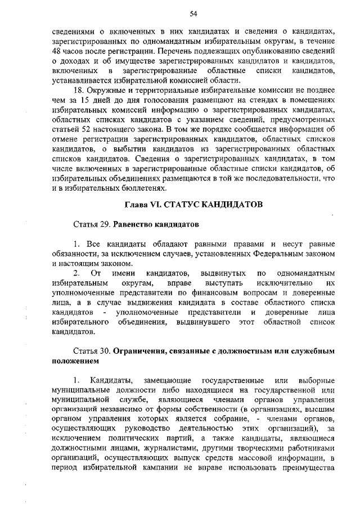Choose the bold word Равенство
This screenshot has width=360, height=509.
[x=135, y=224]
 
